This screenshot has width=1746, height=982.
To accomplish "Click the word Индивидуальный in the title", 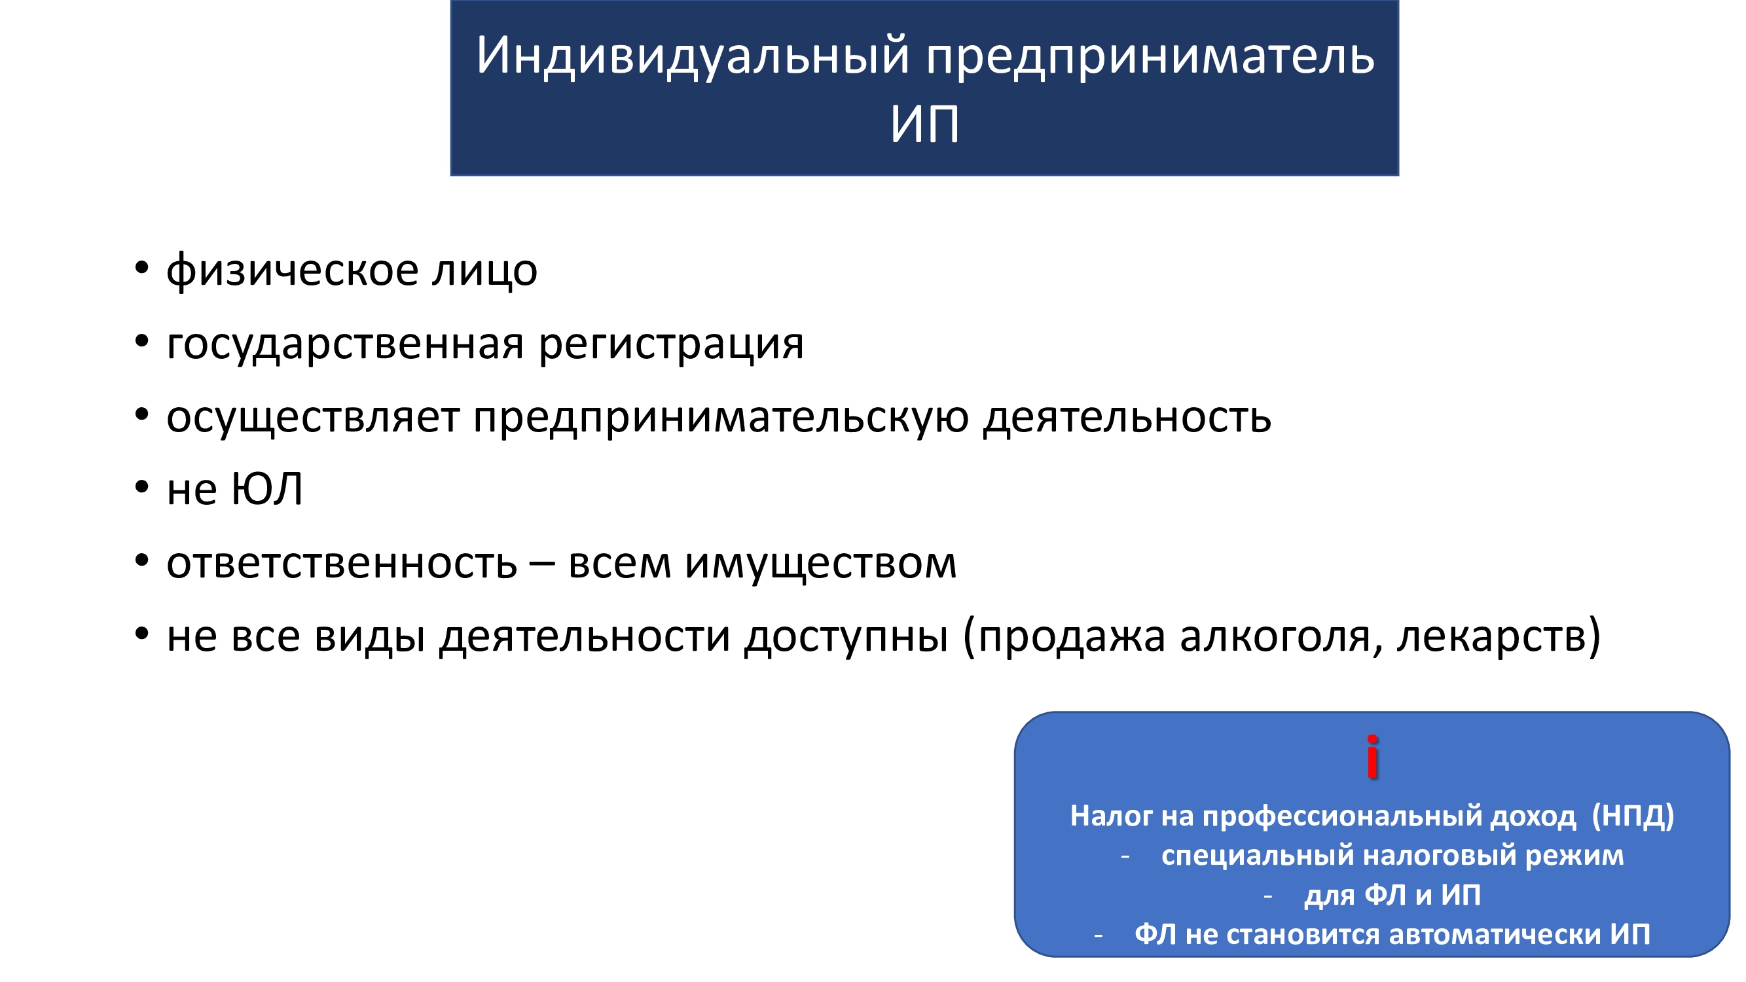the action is pos(692,56).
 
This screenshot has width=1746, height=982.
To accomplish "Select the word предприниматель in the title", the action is pos(1150,56).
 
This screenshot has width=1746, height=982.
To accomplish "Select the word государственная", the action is pos(345,344).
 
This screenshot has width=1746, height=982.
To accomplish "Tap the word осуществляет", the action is pos(313,418).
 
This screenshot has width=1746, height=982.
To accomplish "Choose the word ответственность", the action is pos(342,564).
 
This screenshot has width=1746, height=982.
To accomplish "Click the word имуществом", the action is pos(821,564).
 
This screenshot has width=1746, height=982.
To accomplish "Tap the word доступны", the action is pos(846,638).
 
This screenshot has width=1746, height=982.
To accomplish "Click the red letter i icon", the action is pos(1373,756).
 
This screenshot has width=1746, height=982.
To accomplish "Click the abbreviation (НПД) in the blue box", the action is pos(1633,815).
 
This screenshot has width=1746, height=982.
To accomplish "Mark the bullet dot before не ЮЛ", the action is pos(141,486).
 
